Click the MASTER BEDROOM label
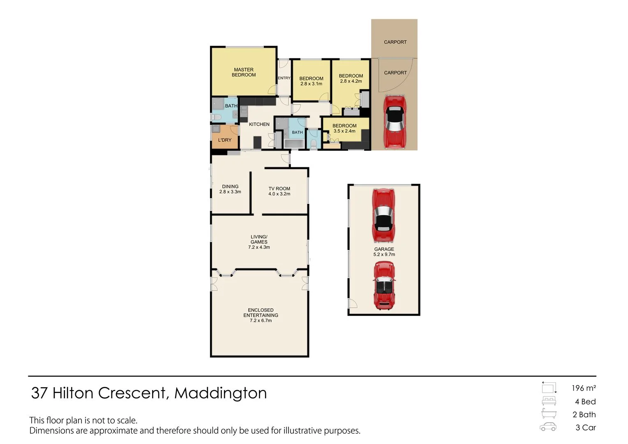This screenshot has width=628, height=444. pos(244,72)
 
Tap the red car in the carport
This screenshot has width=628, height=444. pos(395,122)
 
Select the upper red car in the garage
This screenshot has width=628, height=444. pos(383,215)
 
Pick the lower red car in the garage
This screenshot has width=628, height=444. pos(384,286)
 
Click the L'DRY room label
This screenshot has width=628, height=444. pos(225,140)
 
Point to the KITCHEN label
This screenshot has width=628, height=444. pos(259,124)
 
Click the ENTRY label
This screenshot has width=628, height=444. pos(284,78)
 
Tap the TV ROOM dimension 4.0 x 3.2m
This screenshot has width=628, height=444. pos(279,194)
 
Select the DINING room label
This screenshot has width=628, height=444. pos(230,186)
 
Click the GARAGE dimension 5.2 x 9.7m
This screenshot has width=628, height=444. pos(384,254)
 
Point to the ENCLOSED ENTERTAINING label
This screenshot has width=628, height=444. pos(261,313)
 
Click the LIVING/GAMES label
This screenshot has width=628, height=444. pos(259,239)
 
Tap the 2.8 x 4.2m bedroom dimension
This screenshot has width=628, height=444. pos(351,81)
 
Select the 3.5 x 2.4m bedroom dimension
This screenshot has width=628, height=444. pos(344,131)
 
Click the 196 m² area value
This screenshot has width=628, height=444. pos(584,388)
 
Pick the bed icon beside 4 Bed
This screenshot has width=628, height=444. pos(549,401)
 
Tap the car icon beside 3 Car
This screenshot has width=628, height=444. pos(548,427)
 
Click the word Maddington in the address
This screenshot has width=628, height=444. pos(221,393)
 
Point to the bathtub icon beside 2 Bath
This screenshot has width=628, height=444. pos(549,414)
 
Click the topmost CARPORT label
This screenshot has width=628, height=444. pos(395,42)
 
